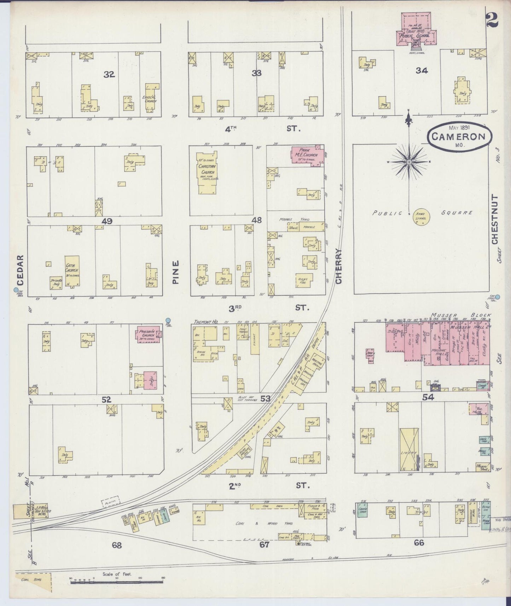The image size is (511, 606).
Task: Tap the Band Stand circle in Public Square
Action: (x=420, y=216)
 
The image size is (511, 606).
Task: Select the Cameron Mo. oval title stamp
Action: (x=460, y=136)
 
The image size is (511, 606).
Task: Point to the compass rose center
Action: (x=409, y=162)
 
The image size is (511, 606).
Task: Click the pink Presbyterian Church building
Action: (x=148, y=335)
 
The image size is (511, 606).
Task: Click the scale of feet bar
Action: (x=117, y=581)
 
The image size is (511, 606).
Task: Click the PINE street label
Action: (x=176, y=272)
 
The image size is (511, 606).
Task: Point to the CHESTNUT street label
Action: (x=494, y=219)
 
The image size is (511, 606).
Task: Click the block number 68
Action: (x=117, y=546)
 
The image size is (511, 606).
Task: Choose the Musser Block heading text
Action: (x=460, y=315)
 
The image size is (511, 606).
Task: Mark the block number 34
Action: (x=422, y=70)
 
